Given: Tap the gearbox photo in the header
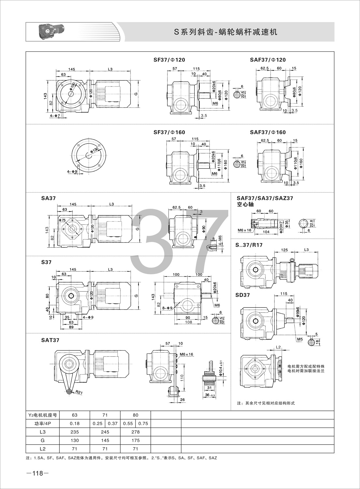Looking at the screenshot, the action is point(51,32).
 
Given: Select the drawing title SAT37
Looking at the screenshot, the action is point(50,340).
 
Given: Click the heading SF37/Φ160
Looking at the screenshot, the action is point(169,132).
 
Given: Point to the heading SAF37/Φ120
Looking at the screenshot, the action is point(268,60).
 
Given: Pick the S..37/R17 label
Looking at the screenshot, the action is point(249,245).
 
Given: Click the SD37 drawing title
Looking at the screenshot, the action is point(243,295).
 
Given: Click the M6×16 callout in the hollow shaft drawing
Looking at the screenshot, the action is point(245,230).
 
